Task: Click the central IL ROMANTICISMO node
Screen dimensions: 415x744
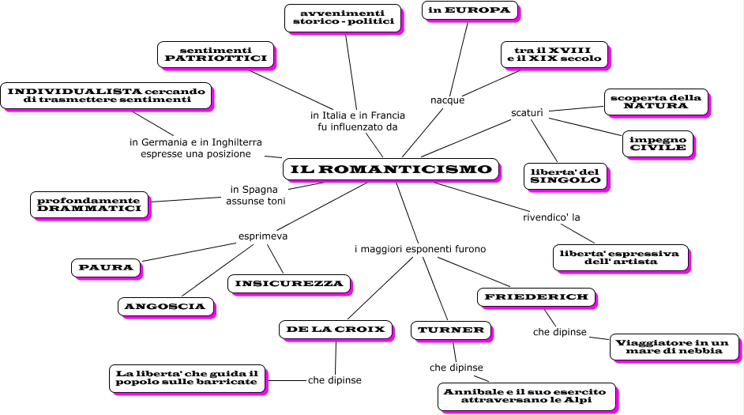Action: (391, 169)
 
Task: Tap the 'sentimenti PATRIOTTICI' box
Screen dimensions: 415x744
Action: (216, 55)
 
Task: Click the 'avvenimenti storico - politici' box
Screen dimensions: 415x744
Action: (343, 17)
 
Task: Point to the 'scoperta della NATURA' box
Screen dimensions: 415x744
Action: (656, 101)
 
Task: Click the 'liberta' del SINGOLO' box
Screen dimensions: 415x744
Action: (565, 175)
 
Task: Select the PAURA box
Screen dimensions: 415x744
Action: (106, 268)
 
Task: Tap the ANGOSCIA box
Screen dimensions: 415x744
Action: (165, 306)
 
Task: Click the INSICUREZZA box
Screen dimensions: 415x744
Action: (288, 283)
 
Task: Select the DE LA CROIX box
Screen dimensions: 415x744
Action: (336, 329)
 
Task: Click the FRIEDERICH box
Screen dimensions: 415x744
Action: (536, 296)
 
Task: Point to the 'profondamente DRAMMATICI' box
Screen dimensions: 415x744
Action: (88, 204)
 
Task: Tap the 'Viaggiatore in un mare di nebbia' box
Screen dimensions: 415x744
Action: (674, 346)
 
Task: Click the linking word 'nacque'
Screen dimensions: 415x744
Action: (447, 100)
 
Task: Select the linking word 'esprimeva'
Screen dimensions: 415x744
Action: (263, 236)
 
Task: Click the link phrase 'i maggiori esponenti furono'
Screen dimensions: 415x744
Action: (419, 249)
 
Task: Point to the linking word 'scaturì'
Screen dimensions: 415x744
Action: (528, 112)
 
